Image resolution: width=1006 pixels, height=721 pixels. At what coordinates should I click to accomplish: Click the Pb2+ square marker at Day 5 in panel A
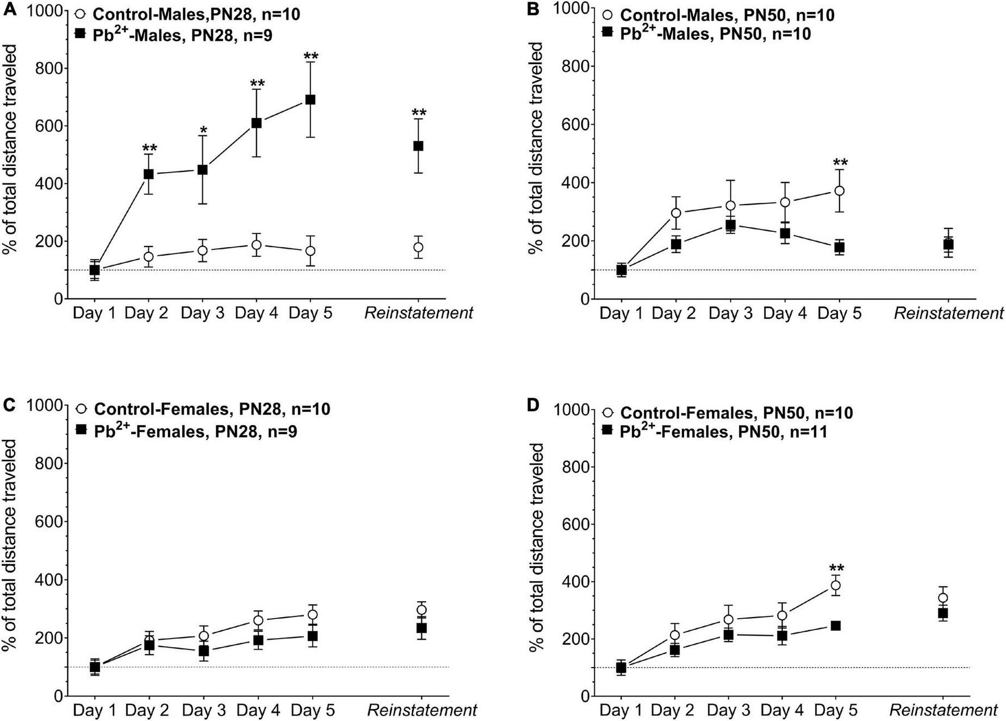[x=311, y=99]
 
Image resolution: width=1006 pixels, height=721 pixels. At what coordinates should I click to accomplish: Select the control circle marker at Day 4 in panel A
[x=257, y=245]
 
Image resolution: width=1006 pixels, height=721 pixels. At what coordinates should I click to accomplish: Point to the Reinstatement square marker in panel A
[x=418, y=146]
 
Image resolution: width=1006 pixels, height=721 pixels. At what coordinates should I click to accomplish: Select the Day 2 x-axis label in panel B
[x=673, y=314]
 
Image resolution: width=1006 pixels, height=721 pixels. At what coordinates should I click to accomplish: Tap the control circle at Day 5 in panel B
[x=839, y=191]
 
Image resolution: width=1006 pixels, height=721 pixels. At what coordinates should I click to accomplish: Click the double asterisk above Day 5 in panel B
[x=839, y=164]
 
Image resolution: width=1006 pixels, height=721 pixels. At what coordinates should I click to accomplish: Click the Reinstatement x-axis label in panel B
[x=948, y=314]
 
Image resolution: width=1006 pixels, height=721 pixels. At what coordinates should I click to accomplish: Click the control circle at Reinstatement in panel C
[x=421, y=610]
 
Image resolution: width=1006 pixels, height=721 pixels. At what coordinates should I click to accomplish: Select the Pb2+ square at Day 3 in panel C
[x=203, y=651]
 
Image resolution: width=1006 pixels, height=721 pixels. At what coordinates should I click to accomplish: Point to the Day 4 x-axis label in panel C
[x=258, y=710]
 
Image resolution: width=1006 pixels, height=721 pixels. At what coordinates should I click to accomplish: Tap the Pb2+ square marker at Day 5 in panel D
[x=836, y=626]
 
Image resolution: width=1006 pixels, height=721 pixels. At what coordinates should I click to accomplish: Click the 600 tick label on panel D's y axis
[x=575, y=524]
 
